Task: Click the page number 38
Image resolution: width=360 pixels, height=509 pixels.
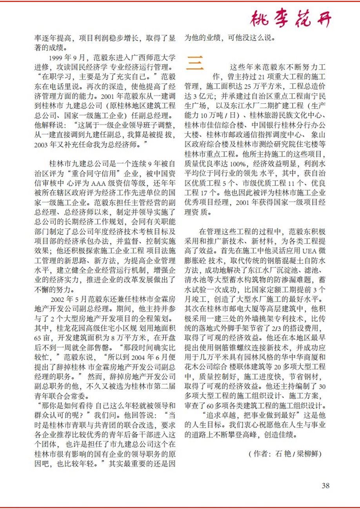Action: pyautogui.click(x=325, y=485)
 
